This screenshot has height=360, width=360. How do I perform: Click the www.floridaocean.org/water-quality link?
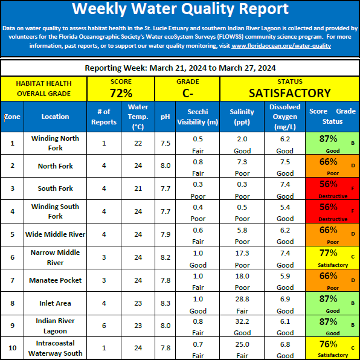pos(281,46)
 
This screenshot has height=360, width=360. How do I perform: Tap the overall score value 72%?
pos(121,93)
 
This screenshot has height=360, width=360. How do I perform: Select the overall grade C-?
pos(188,93)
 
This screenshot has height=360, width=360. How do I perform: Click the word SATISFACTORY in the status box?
pos(290,93)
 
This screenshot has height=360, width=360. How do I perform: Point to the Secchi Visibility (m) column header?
pos(198,117)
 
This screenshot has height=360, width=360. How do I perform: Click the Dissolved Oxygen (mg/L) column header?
pos(285,117)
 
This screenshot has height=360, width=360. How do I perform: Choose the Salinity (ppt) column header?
pos(242,117)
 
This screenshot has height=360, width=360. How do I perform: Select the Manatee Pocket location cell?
pos(55,280)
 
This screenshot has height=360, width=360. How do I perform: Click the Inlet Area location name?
pos(55,303)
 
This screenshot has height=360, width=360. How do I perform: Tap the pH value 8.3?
pos(166,303)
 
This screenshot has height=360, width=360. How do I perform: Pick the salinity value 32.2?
pos(242,321)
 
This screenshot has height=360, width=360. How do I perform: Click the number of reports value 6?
pos(104,326)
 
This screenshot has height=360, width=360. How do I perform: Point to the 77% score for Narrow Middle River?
pos(329,252)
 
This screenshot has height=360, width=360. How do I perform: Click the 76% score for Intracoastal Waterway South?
pos(329,344)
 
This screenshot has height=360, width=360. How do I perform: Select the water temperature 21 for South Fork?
pos(138,188)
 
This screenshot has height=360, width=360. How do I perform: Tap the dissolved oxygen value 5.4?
pos(285,207)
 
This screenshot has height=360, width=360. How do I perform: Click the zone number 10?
pos(13,348)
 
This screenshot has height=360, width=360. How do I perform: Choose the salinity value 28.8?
pos(242,299)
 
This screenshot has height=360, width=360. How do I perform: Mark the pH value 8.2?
pos(166,257)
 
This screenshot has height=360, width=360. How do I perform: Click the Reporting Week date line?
pos(180,68)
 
